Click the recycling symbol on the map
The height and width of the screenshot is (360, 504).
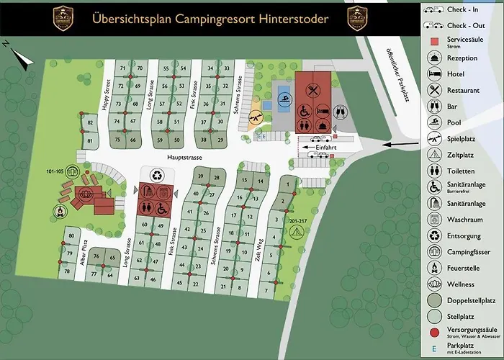tap(157, 175)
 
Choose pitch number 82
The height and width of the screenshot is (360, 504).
tap(90, 124)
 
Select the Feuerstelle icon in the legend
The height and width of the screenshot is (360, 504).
tap(433, 268)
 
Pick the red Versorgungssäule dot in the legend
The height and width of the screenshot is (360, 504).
tap(434, 333)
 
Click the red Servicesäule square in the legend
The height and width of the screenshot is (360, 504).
tap(434, 42)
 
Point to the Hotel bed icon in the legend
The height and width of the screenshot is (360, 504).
tap(434, 74)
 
